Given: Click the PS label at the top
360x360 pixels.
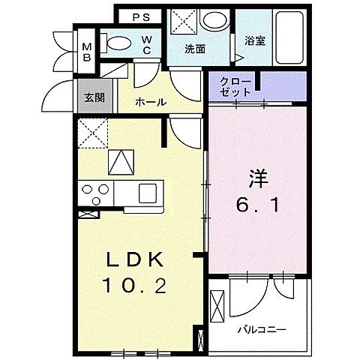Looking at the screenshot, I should click(141, 16).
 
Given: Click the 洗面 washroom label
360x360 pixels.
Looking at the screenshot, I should click(196, 49).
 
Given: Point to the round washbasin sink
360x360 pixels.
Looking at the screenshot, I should click(217, 20).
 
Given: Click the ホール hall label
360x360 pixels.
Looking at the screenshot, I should click(150, 102).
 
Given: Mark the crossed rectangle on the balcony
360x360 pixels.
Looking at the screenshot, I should click(217, 308).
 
